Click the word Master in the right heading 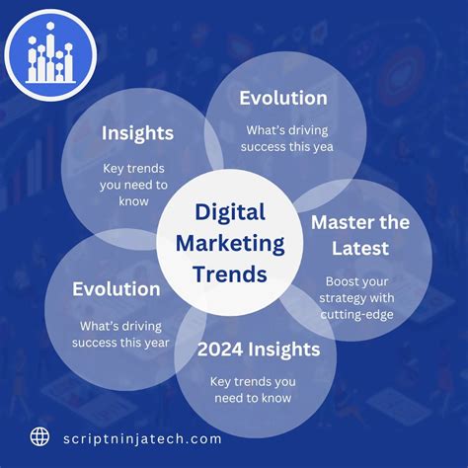(x=342, y=221)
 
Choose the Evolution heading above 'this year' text (x=116, y=290)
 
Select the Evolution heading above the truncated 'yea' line (x=283, y=98)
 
